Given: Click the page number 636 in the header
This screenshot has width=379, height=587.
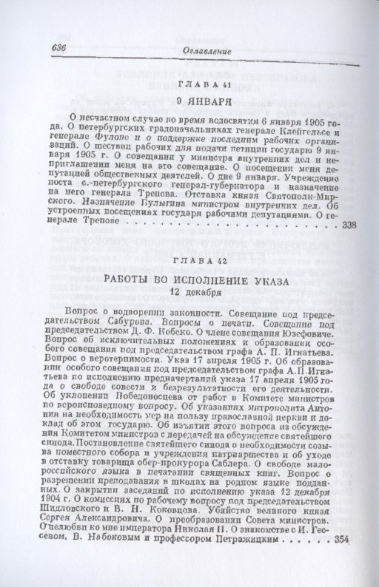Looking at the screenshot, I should (x=58, y=50).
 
